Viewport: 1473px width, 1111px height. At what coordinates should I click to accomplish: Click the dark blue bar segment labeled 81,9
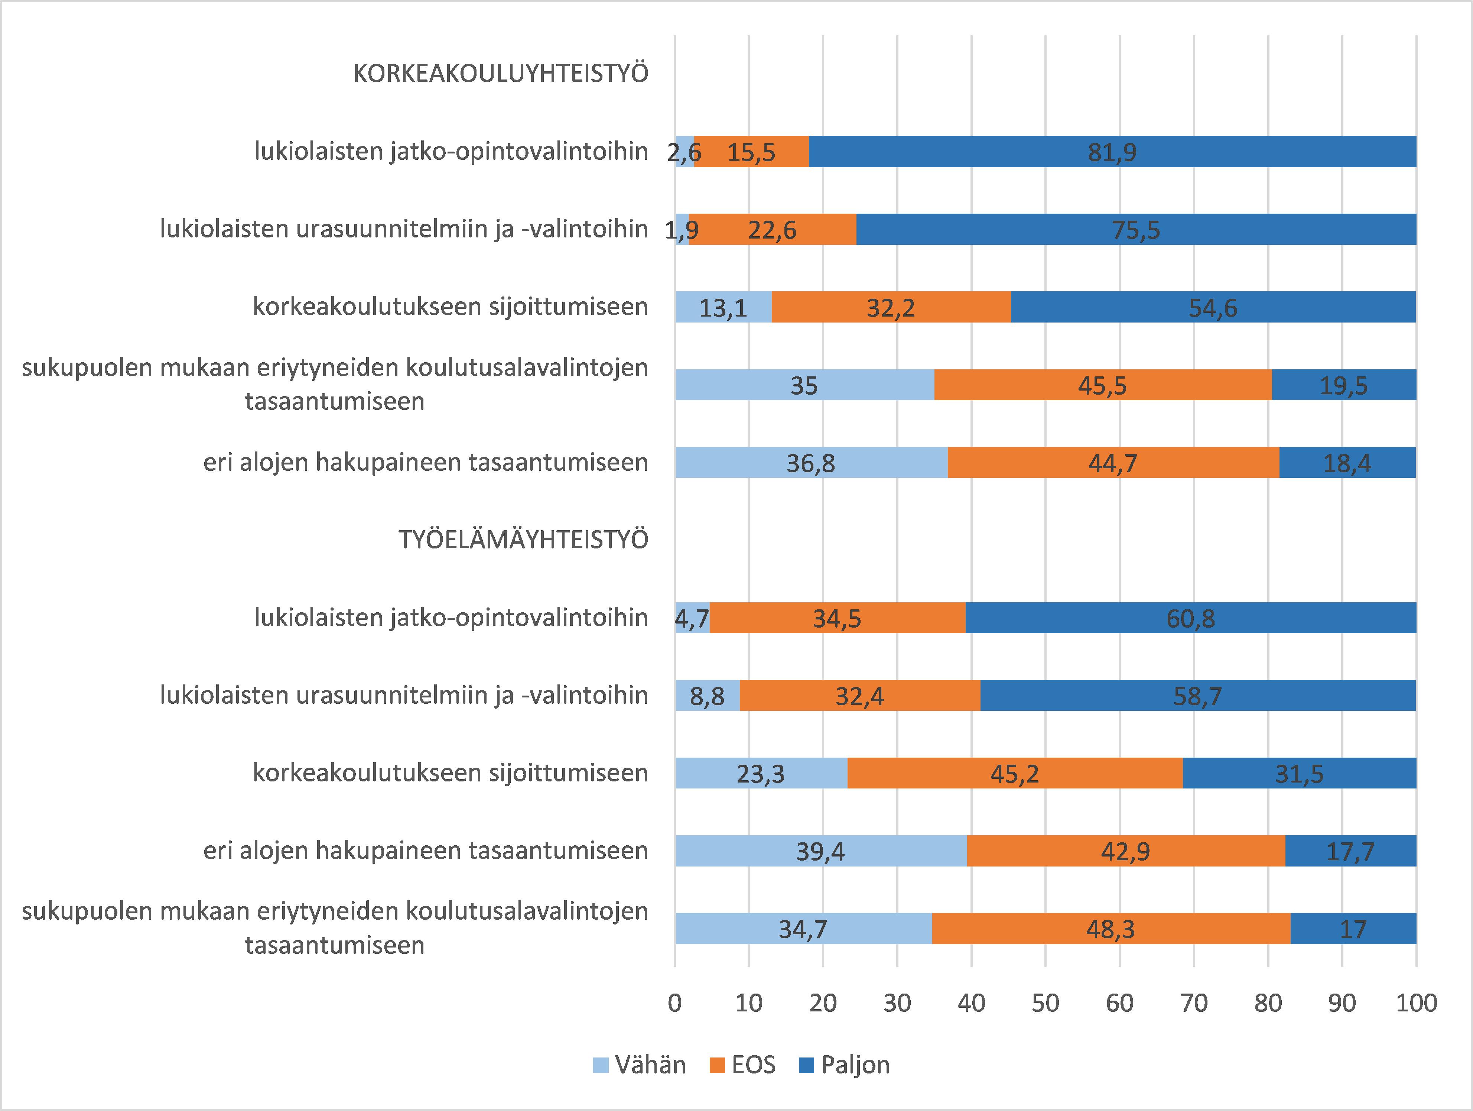point(1112,152)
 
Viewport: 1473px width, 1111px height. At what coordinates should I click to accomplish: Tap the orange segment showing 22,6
point(773,230)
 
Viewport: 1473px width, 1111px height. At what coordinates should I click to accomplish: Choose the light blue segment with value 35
point(804,385)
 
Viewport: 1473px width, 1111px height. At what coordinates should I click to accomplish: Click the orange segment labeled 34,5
point(837,618)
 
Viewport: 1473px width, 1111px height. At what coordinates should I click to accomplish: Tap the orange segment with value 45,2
point(1014,773)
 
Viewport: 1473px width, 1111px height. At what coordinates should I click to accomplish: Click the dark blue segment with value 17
point(1353,929)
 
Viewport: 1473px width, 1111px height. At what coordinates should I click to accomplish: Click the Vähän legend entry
point(639,1065)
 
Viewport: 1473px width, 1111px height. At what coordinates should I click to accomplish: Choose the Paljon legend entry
point(844,1065)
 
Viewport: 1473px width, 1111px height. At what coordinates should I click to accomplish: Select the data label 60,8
point(1190,619)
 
